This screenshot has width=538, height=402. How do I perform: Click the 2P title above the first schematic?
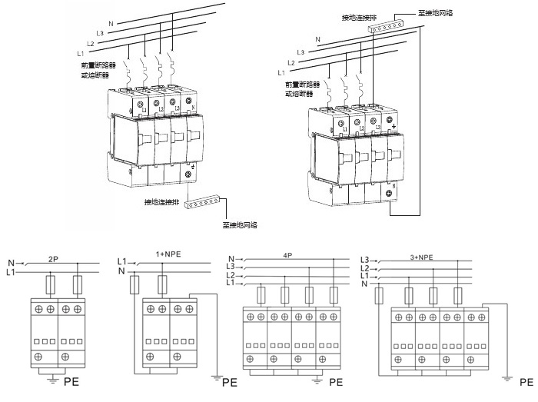[53, 259]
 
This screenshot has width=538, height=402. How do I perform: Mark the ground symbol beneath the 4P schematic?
[315, 378]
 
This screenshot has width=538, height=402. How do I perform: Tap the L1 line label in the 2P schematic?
[11, 273]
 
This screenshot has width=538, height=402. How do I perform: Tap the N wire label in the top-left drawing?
[111, 23]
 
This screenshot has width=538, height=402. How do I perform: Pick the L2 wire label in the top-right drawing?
[291, 62]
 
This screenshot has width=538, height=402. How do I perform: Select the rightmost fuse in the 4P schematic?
[334, 294]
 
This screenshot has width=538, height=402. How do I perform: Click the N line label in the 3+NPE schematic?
[364, 284]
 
